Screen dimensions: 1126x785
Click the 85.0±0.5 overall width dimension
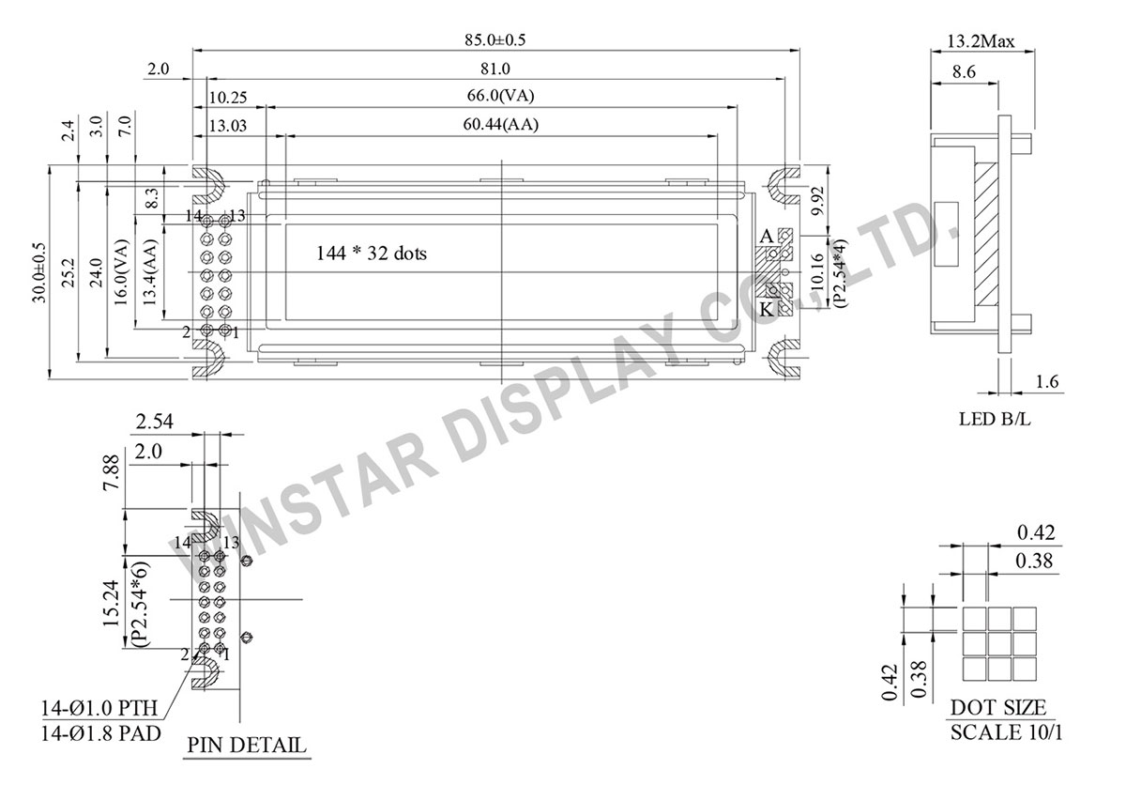495,40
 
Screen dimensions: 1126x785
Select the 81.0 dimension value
495,69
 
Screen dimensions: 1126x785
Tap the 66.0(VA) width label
500,96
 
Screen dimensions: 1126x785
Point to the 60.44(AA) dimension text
500,124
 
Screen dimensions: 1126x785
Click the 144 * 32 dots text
371,253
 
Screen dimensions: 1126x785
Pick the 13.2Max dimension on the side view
981,41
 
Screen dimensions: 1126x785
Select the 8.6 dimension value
965,72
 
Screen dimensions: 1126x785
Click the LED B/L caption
995,419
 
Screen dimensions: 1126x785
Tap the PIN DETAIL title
247,745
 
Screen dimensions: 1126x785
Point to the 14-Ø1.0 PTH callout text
99,708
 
